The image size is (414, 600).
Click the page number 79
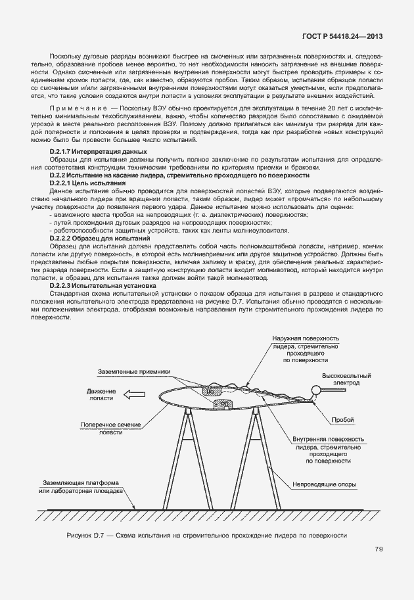pos(379,549)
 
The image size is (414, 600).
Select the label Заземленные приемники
pos(135,371)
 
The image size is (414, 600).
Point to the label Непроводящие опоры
pos(325,486)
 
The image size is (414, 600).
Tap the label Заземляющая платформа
pos(81,486)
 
